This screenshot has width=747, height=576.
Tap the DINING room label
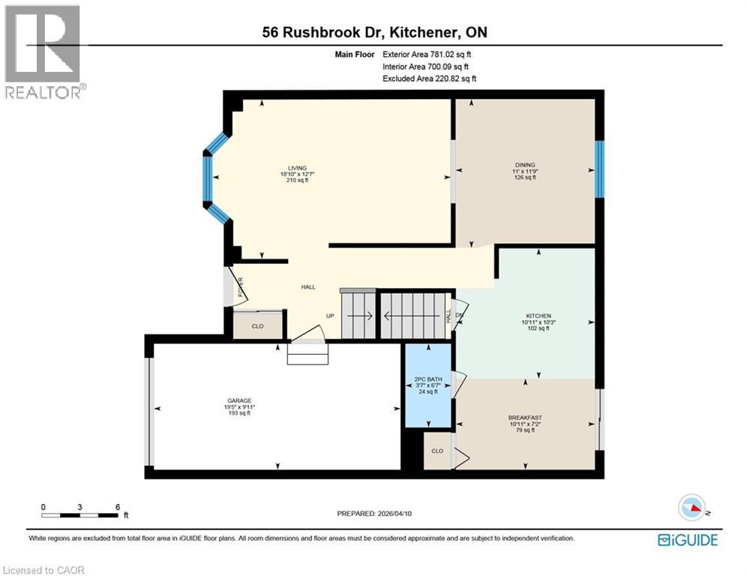[525, 164]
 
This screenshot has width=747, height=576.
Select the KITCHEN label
[538, 316]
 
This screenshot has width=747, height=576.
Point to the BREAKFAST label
[525, 418]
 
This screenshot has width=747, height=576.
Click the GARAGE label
[240, 400]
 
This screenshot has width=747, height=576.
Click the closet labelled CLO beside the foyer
[257, 326]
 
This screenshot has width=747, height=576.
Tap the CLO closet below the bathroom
[437, 451]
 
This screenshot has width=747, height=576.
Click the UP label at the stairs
[330, 316]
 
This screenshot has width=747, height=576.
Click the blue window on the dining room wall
[599, 169]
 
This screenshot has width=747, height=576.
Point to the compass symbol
[693, 508]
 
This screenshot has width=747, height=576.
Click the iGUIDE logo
[687, 540]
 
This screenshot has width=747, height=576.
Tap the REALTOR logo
[43, 51]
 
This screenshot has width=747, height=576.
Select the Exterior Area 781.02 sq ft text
[427, 54]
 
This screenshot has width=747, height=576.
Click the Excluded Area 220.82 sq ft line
[429, 78]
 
